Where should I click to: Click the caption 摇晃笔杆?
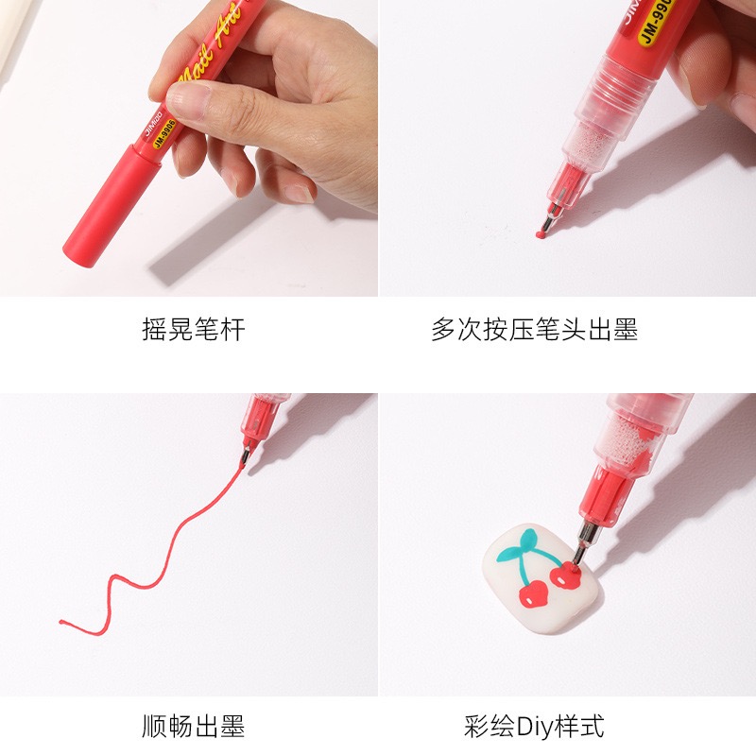194,330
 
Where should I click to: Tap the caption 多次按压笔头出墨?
534,330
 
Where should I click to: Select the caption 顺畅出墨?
194,726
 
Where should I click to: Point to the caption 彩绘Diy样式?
534,726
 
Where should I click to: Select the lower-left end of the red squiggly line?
62,622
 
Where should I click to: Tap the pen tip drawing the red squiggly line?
245,458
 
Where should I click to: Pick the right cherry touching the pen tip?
566,574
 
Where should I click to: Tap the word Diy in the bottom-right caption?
532,726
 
